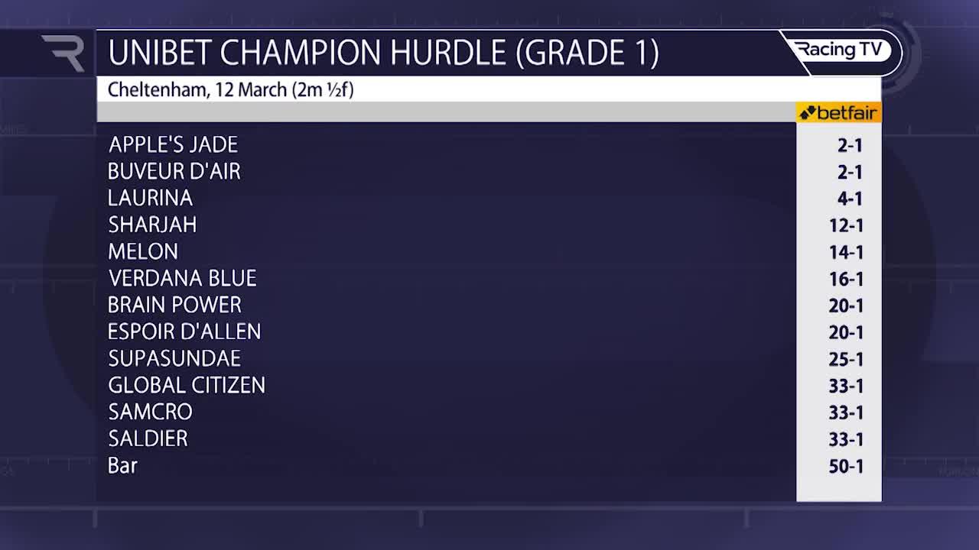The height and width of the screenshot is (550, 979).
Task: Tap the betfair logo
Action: pyautogui.click(x=838, y=113)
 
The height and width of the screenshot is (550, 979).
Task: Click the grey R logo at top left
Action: pyautogui.click(x=63, y=53)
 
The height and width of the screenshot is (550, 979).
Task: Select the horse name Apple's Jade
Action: pyautogui.click(x=173, y=144)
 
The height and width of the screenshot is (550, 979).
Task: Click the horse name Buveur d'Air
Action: pyautogui.click(x=174, y=171)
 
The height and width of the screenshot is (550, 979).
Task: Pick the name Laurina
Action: pyautogui.click(x=150, y=198)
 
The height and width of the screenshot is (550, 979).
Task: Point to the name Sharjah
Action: pyautogui.click(x=152, y=225)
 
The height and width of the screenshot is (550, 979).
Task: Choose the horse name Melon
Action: pyautogui.click(x=143, y=251)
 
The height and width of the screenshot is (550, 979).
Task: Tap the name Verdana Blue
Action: pyautogui.click(x=182, y=278)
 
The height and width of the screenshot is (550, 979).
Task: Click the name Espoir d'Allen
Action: pyautogui.click(x=184, y=332)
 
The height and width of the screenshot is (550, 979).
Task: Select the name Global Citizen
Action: pyautogui.click(x=187, y=385)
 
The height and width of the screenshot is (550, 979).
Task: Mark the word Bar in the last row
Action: pyautogui.click(x=122, y=465)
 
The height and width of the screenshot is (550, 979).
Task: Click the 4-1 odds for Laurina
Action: pyautogui.click(x=850, y=199)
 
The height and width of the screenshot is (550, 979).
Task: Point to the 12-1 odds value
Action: pyautogui.click(x=846, y=225)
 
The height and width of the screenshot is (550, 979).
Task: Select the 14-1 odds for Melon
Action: pyautogui.click(x=846, y=252)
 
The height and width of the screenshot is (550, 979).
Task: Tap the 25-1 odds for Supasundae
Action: pyautogui.click(x=846, y=359)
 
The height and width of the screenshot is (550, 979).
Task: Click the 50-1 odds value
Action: pyautogui.click(x=846, y=466)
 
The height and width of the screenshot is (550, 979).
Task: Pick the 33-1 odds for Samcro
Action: pyautogui.click(x=846, y=412)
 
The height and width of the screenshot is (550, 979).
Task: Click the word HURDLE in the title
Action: pyautogui.click(x=447, y=53)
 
